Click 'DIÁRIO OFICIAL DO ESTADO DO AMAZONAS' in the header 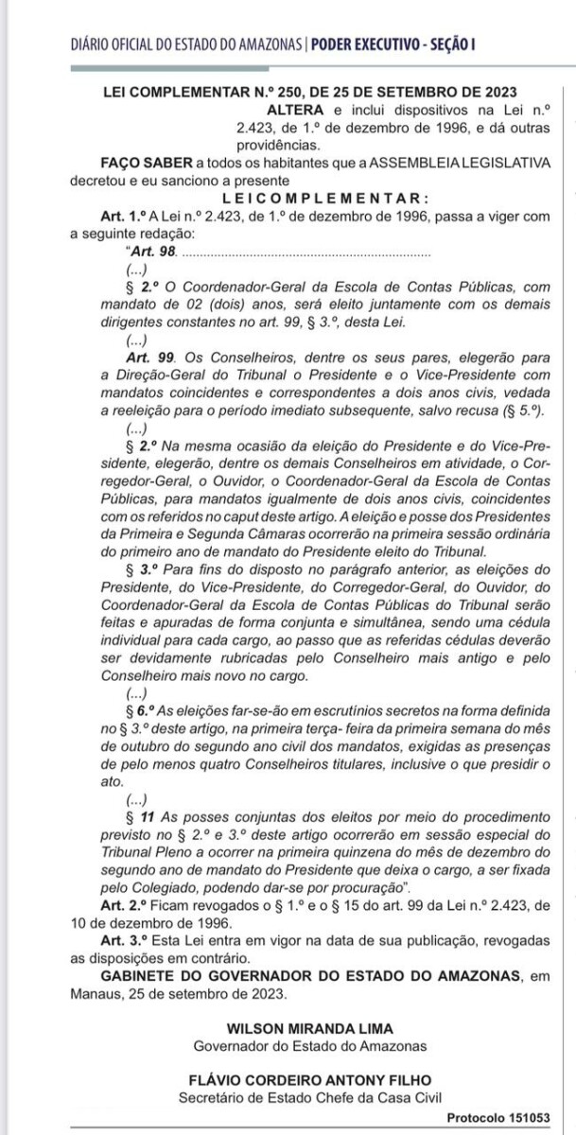186,44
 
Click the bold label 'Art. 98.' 150,252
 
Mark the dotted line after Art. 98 305,253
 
